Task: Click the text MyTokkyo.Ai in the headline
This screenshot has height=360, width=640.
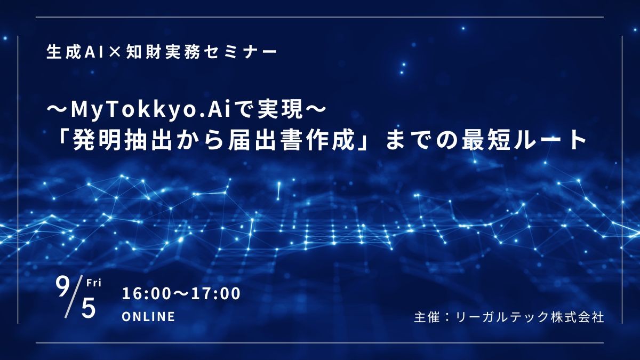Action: click(x=151, y=111)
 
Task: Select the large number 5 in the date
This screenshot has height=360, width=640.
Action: click(x=89, y=309)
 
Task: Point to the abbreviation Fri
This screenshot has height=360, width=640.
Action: click(x=94, y=283)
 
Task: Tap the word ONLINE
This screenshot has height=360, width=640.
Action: click(x=149, y=317)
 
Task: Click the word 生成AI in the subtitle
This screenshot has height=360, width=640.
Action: click(x=75, y=53)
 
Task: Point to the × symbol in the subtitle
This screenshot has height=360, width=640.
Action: click(x=114, y=53)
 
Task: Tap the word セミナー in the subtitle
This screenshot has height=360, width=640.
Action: click(x=242, y=53)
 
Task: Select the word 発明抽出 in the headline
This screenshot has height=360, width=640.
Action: click(x=122, y=141)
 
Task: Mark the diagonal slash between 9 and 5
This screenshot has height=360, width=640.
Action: click(x=74, y=298)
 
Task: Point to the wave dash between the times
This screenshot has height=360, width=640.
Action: click(x=181, y=294)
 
